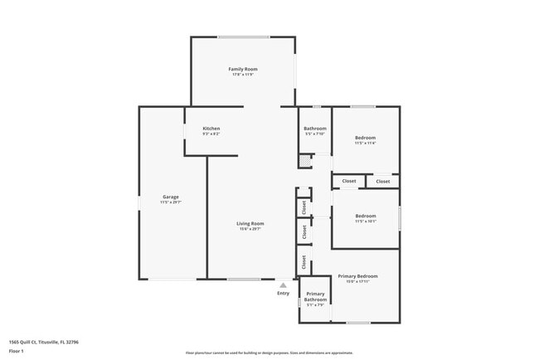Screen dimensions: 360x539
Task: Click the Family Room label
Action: [x=243, y=68]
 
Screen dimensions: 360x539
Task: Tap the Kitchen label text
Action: [x=211, y=129]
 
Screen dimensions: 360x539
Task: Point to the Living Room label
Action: [x=250, y=223]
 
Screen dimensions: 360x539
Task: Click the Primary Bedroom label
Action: [x=357, y=275]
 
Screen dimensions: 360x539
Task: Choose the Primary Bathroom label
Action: [x=315, y=296]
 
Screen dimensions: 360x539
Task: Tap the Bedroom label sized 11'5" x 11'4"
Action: [x=365, y=137]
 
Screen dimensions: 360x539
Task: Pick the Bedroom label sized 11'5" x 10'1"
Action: [x=365, y=216]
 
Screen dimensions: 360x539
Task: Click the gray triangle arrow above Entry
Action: [x=283, y=285]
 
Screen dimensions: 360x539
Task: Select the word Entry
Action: [x=283, y=293]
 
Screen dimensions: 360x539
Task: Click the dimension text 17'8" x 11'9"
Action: [x=243, y=75]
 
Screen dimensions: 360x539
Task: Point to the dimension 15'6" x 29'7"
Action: [x=250, y=229]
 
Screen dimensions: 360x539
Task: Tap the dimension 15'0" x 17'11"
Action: [x=357, y=281]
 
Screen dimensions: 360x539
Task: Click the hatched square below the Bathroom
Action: [x=305, y=161]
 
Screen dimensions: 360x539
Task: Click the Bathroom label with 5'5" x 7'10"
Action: [x=315, y=129]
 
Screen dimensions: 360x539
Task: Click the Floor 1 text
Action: [x=17, y=351]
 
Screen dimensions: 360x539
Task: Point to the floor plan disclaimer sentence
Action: [x=269, y=353]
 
